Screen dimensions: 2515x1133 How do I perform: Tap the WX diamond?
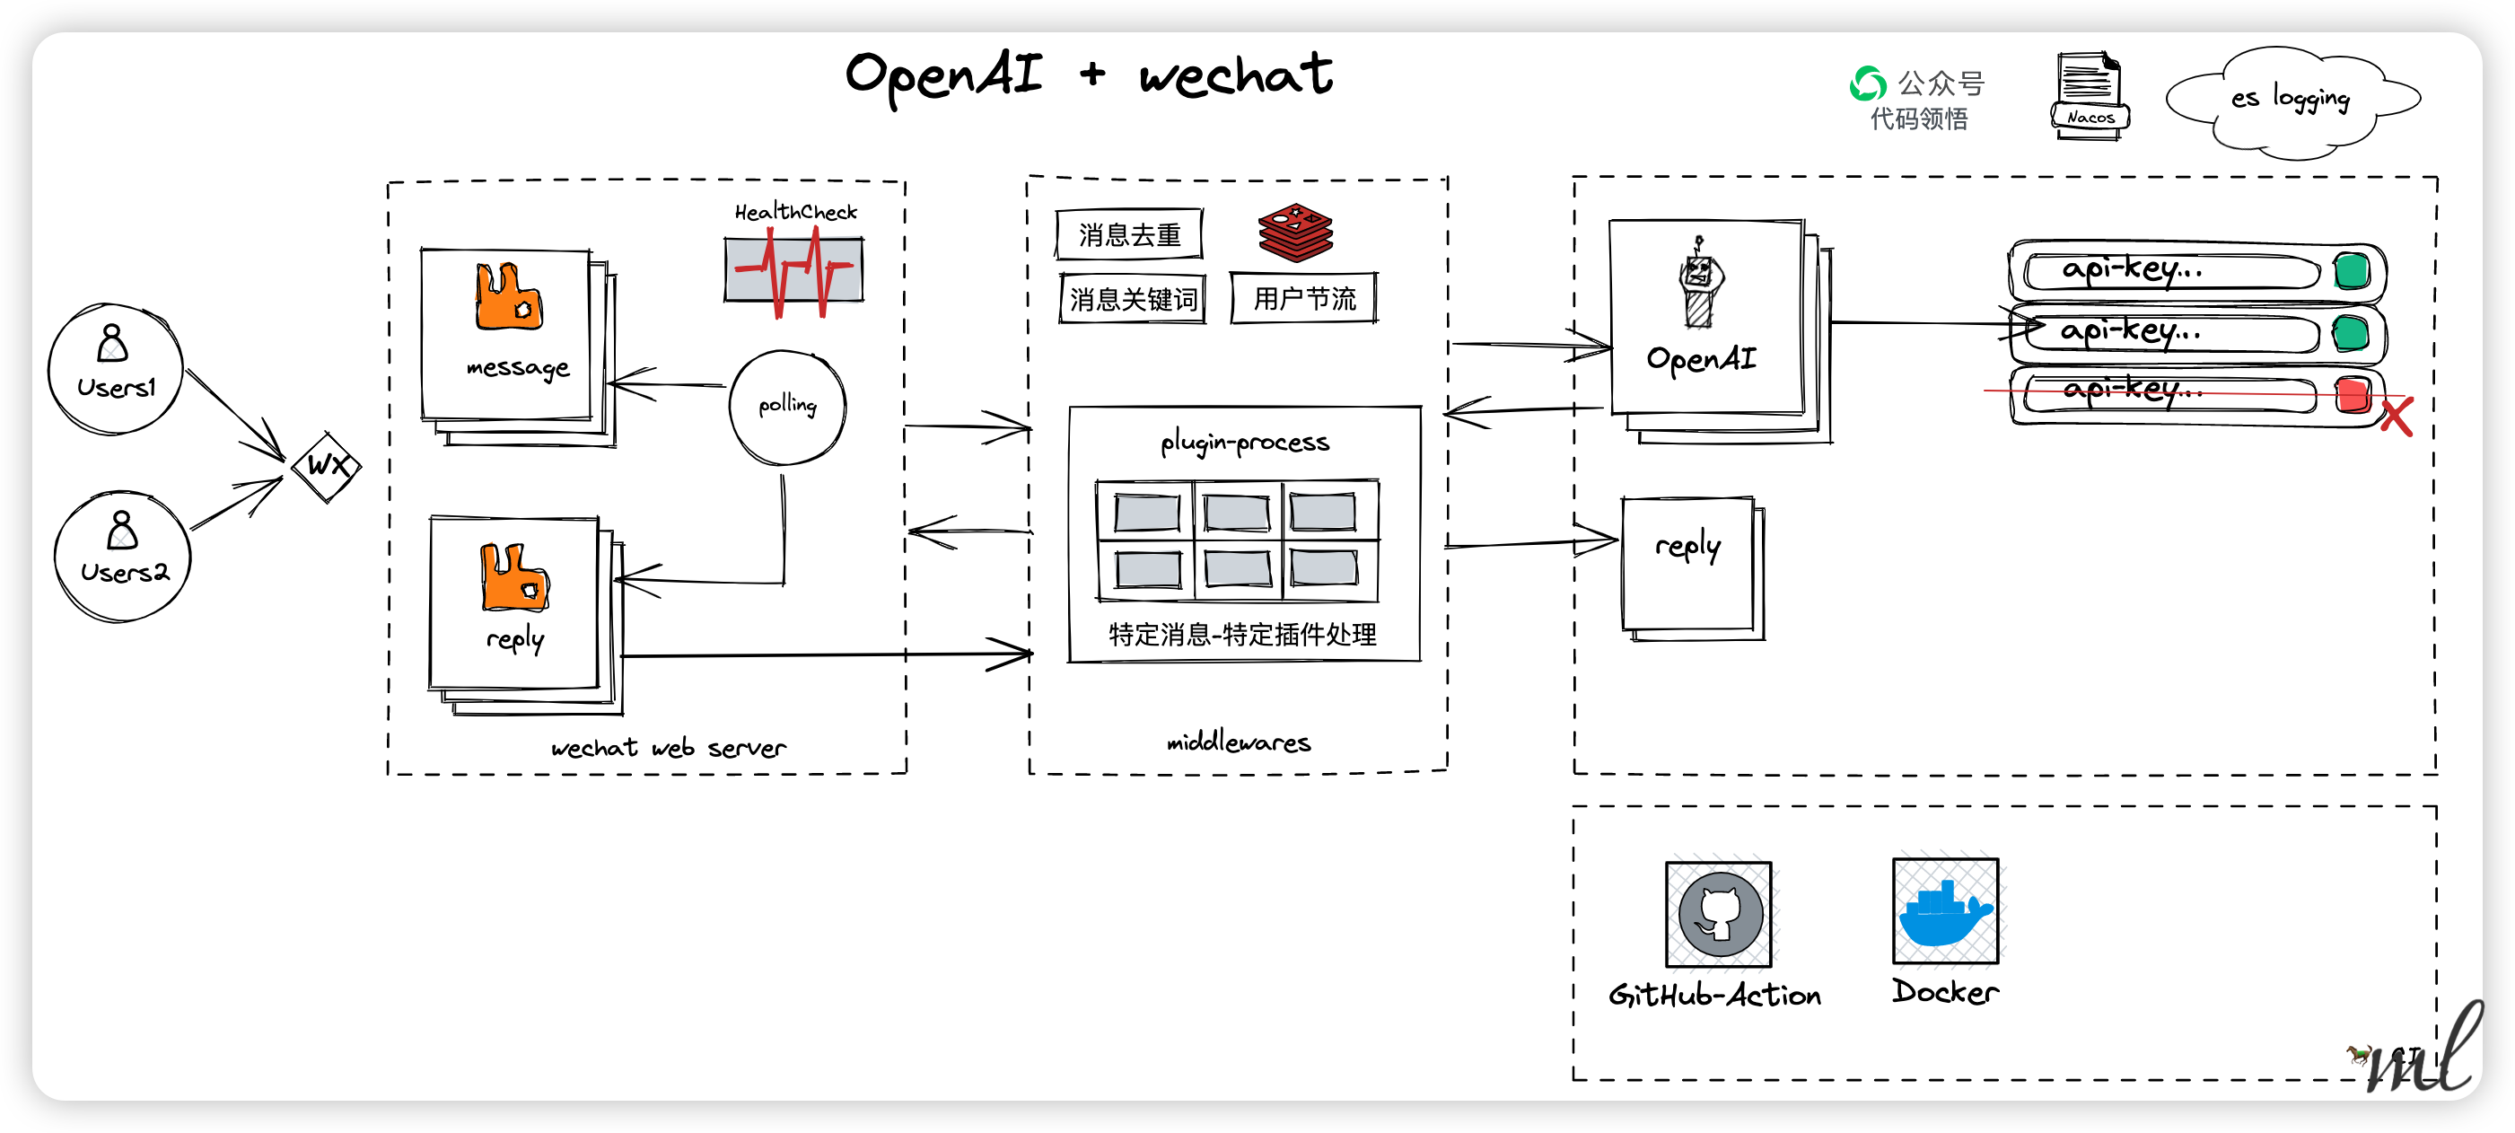click(x=327, y=467)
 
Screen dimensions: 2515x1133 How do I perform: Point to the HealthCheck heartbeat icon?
click(x=793, y=270)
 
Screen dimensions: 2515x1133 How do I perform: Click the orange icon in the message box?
click(x=509, y=296)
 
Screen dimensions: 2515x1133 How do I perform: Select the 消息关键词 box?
click(x=1133, y=299)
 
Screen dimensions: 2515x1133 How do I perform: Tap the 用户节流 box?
click(x=1304, y=298)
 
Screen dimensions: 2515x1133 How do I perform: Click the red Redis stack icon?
click(x=1295, y=233)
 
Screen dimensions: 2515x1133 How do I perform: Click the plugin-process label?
click(x=1245, y=443)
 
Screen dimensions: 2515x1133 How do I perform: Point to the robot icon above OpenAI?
click(x=1700, y=282)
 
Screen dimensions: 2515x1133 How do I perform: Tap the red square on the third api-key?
click(x=2353, y=395)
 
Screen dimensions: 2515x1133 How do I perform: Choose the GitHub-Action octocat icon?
click(x=1719, y=914)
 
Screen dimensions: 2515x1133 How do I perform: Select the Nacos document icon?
click(x=2090, y=96)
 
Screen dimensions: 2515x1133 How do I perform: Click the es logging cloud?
click(x=2292, y=101)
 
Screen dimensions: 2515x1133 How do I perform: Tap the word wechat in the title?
click(x=1236, y=75)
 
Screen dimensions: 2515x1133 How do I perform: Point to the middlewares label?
click(x=1239, y=742)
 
